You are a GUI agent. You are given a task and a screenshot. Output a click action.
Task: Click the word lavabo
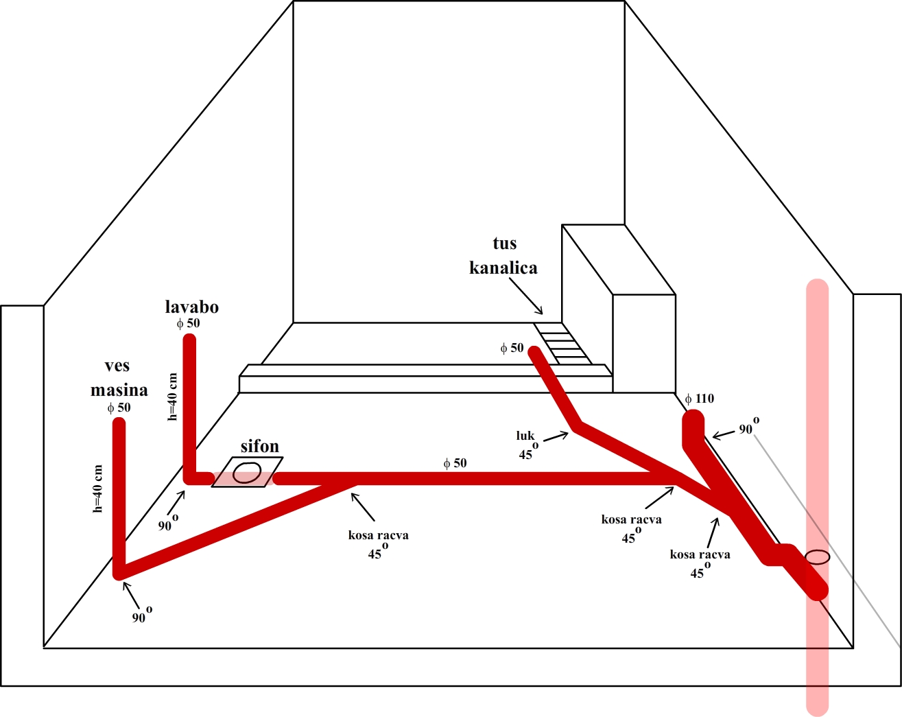tap(191, 307)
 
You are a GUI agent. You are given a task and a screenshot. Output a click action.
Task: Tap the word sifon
tap(259, 447)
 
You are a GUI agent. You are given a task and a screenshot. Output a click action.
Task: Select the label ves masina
tap(119, 378)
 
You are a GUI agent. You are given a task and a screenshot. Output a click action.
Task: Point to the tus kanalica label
tap(503, 255)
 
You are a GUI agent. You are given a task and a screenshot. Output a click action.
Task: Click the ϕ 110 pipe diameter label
tap(700, 399)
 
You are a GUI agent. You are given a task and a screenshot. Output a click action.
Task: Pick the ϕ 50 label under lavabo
tap(188, 323)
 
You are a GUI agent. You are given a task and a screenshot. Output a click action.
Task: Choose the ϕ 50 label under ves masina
tap(119, 408)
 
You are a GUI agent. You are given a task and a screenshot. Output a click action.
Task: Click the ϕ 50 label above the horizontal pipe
tap(455, 463)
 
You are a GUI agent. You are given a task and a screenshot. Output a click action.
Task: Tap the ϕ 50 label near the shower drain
tap(512, 348)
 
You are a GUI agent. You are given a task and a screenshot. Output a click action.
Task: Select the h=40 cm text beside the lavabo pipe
tap(173, 397)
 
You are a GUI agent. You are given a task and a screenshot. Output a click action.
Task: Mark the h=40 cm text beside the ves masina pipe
tap(98, 489)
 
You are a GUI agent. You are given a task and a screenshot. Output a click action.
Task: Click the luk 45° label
tap(527, 445)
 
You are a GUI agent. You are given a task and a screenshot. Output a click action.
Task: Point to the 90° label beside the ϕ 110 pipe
tap(748, 427)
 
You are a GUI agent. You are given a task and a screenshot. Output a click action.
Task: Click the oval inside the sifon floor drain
tap(246, 472)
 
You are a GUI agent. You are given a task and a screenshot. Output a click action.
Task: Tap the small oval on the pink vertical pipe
tap(817, 556)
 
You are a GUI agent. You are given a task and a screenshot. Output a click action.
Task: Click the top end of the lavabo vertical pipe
tap(189, 339)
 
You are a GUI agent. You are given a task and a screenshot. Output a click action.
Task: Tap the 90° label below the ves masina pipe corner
tap(141, 615)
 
